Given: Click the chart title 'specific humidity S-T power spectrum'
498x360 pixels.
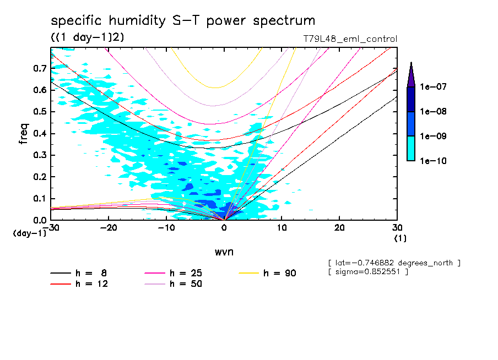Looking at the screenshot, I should [x=183, y=21].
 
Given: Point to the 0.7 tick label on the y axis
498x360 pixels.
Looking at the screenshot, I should [x=40, y=68].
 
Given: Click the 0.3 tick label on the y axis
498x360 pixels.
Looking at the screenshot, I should [x=40, y=155].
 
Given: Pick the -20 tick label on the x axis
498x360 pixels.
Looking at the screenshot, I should [x=109, y=228].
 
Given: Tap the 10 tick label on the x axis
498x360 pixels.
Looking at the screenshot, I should [x=282, y=228].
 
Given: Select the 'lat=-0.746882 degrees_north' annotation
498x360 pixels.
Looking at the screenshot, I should [x=394, y=263].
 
